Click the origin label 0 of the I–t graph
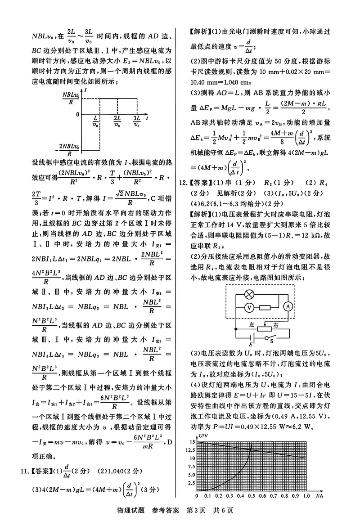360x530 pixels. (x=77, y=115)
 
